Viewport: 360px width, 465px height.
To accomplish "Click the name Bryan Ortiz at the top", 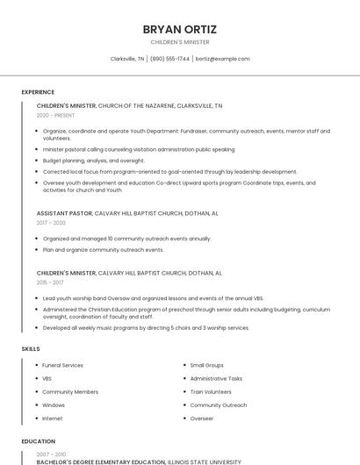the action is click(x=179, y=29).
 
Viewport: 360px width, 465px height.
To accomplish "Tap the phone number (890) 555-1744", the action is click(x=169, y=59).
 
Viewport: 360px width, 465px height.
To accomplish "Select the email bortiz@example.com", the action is click(x=222, y=59).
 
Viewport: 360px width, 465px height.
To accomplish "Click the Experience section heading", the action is click(x=38, y=92).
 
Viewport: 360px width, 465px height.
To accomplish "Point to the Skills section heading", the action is click(x=31, y=349).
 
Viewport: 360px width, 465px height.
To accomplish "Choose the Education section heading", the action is click(x=38, y=441).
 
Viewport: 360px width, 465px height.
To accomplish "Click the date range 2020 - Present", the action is click(x=55, y=115).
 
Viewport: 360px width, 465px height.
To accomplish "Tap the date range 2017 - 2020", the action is click(x=51, y=223).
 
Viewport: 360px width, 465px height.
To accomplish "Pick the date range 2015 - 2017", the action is click(x=50, y=283).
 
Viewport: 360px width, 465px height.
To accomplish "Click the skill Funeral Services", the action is click(x=62, y=365).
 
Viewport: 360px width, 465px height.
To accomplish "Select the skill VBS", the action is click(x=47, y=378).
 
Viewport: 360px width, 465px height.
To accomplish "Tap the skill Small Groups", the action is click(x=207, y=365).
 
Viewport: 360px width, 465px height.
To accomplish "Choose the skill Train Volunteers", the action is click(x=211, y=391).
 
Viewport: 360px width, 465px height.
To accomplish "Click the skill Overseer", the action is click(x=202, y=418).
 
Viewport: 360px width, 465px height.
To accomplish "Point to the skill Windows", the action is click(x=54, y=405).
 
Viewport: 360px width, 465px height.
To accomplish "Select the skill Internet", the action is click(x=53, y=418).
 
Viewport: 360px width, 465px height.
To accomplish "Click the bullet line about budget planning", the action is click(x=94, y=161).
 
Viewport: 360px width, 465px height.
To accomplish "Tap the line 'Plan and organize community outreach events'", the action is click(x=104, y=249).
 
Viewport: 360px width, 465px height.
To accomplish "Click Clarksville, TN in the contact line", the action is click(x=127, y=59).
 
